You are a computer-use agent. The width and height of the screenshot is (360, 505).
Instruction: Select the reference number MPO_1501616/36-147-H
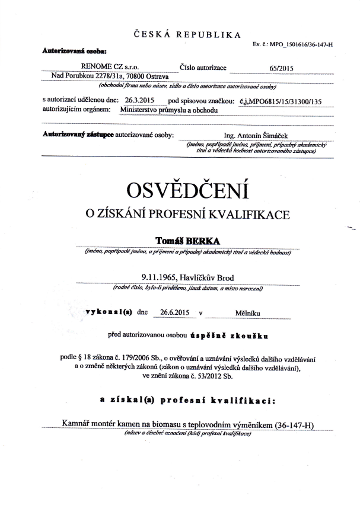[302, 45]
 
